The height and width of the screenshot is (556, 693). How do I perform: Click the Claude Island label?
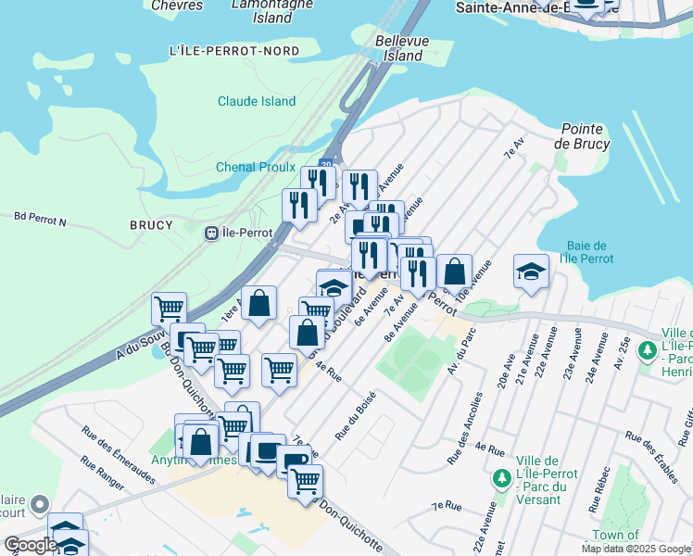[x=257, y=102]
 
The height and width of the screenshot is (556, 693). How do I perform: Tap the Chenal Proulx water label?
[x=256, y=167]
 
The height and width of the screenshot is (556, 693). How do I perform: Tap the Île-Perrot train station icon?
[x=212, y=233]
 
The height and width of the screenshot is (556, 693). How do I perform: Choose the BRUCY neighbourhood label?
[x=152, y=225]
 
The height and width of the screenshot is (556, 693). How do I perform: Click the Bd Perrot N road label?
[x=41, y=221]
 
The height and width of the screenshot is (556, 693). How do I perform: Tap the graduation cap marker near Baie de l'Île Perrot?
[x=530, y=272]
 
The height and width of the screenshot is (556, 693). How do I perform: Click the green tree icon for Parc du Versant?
[x=501, y=479]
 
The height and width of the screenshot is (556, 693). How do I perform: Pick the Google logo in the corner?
[x=31, y=545]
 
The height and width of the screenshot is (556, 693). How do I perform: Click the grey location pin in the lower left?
[x=39, y=505]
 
